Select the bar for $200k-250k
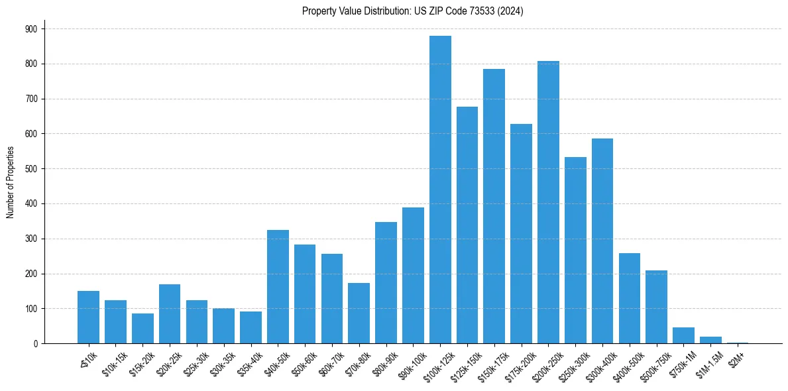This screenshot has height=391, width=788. point(548,202)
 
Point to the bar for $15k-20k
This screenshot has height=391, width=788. point(142,328)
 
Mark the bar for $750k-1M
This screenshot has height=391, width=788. point(683,335)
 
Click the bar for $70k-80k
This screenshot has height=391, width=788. point(359,313)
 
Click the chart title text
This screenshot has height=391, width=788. point(412,11)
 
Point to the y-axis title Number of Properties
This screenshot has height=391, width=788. point(11,182)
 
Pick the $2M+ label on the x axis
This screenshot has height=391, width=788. point(736,356)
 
